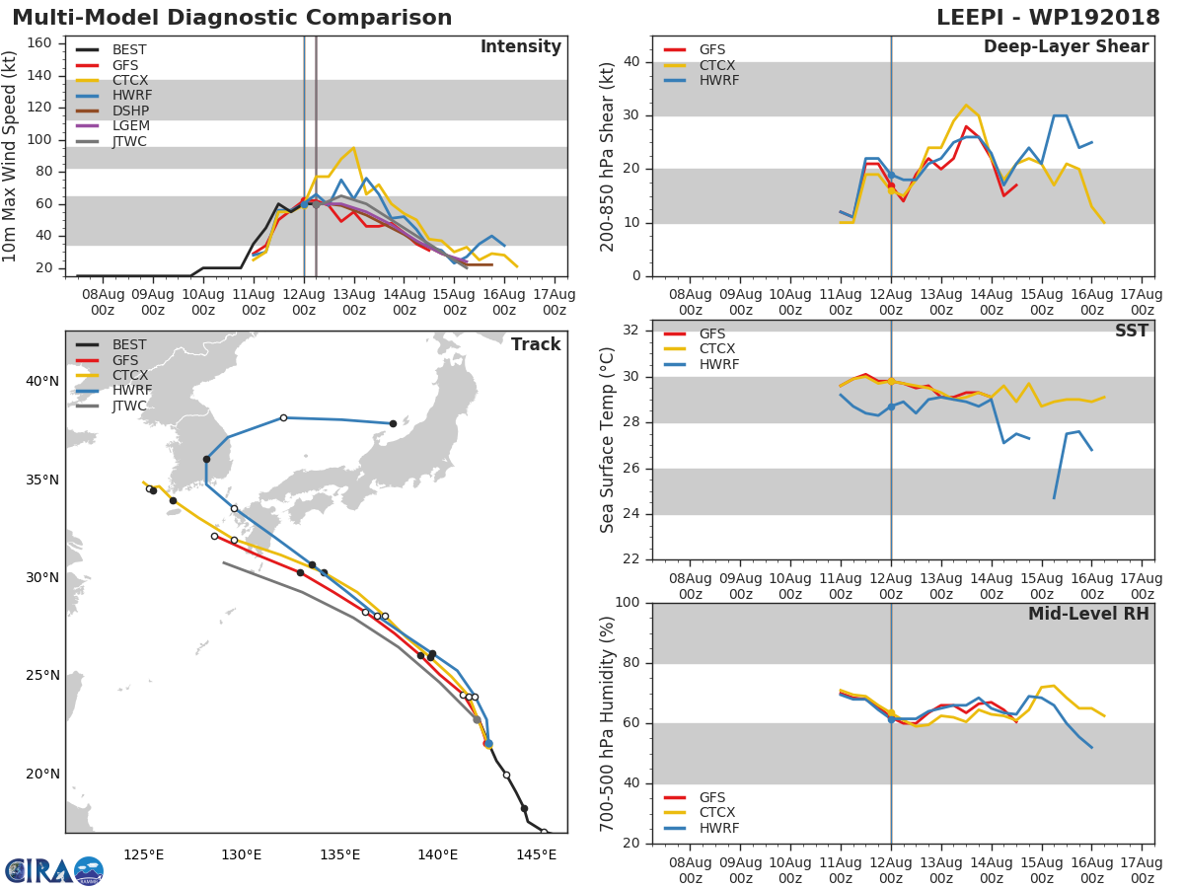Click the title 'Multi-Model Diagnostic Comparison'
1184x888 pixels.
232,18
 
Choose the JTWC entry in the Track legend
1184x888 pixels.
130,407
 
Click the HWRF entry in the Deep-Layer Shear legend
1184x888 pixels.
718,81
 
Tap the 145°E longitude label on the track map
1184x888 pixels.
537,853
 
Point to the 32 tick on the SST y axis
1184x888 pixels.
631,331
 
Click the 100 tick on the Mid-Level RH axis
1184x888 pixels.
628,603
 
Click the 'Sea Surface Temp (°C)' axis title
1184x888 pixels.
608,440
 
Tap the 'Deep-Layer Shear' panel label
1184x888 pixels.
1066,47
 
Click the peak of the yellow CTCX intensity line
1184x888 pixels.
353,148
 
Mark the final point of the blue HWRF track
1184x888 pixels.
393,423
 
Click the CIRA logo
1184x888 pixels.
53,870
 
